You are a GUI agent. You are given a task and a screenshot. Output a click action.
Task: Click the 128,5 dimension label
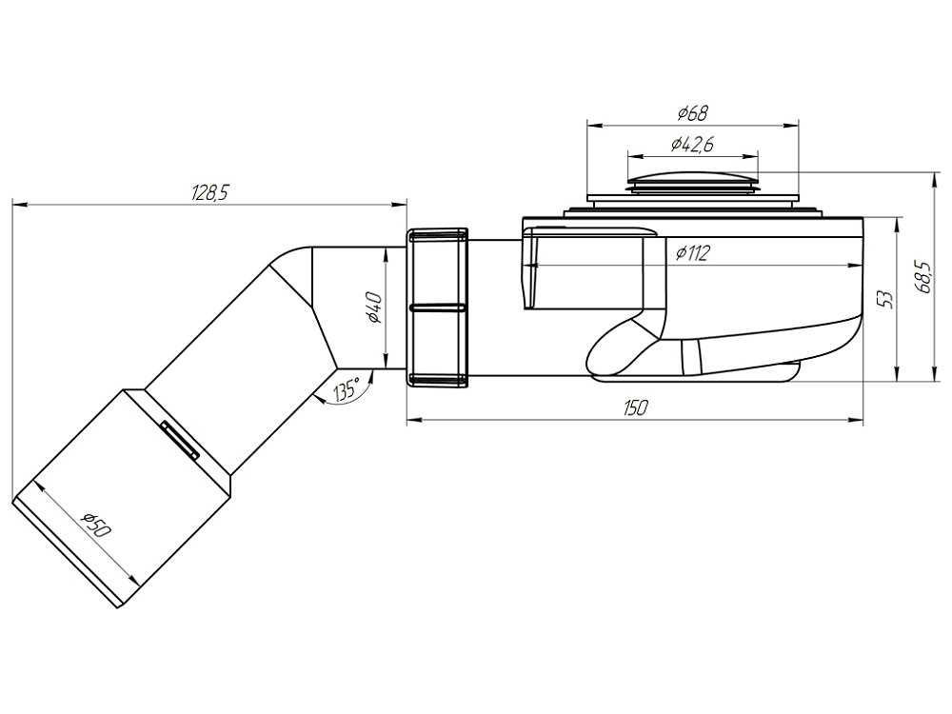coord(210,193)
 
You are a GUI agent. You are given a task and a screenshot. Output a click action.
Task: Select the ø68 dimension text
coord(693,113)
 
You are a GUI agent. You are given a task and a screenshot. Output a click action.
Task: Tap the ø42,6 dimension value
coord(693,145)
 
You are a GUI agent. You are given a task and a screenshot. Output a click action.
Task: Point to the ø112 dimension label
coord(692,252)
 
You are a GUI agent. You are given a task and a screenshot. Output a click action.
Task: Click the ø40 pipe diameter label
coord(374,307)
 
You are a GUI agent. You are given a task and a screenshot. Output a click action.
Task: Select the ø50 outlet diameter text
coord(96,526)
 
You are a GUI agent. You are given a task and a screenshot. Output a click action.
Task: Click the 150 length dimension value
coord(635,408)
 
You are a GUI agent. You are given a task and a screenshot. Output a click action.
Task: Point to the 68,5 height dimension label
coord(923,277)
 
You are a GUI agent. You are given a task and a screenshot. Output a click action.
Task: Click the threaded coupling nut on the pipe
coord(437,307)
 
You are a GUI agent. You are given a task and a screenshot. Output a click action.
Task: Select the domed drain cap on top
coord(693,180)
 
